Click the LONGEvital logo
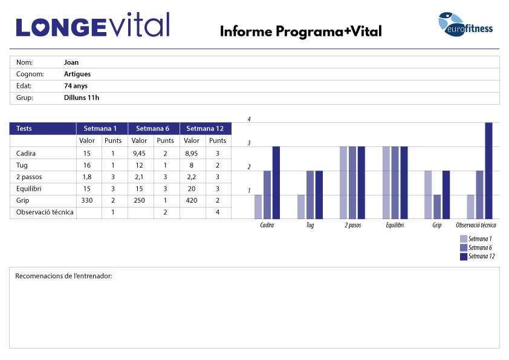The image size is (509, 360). (92, 25)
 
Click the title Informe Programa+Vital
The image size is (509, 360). (300, 31)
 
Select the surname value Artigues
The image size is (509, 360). (77, 74)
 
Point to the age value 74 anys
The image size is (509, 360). (76, 86)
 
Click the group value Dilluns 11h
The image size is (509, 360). (82, 97)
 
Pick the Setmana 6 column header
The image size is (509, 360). (154, 128)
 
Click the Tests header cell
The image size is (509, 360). (42, 128)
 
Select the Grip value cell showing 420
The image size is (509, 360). (192, 200)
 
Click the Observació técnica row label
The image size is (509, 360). (45, 212)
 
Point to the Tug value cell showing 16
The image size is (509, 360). (87, 165)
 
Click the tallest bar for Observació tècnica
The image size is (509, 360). (489, 170)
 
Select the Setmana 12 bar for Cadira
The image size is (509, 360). (276, 182)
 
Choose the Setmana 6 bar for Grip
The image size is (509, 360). (437, 206)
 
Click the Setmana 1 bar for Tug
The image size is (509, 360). (301, 206)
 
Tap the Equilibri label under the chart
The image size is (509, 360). (395, 225)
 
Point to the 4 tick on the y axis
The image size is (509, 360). (249, 120)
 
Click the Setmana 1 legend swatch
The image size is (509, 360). (464, 238)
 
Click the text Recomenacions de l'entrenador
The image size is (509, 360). (63, 277)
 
